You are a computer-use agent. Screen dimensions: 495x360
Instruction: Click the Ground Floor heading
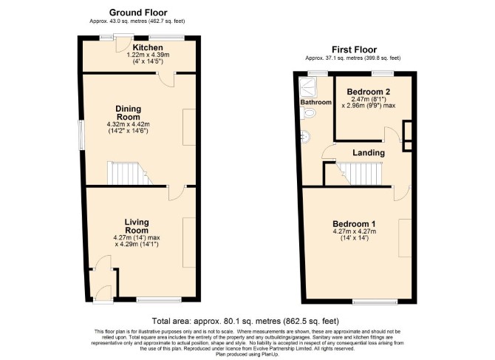point(138,13)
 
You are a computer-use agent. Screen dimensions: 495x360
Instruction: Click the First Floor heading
point(354,50)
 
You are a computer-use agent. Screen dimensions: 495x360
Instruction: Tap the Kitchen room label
point(148,48)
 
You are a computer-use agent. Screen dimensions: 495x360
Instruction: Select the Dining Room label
point(128,113)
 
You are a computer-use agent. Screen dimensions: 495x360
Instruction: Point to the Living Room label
point(137,226)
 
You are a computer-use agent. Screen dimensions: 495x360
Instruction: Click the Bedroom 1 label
point(354,224)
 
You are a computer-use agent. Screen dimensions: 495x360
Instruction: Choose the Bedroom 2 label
point(369,92)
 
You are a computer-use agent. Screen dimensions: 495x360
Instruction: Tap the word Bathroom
point(316,102)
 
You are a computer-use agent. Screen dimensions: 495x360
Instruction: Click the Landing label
point(369,153)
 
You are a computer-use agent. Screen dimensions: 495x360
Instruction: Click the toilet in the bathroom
point(308,113)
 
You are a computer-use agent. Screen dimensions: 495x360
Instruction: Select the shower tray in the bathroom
point(308,87)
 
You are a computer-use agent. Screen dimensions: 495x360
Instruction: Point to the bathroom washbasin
point(305,137)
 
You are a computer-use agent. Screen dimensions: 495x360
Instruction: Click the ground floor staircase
point(130,173)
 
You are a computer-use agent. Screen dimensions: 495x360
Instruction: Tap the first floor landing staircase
point(359,174)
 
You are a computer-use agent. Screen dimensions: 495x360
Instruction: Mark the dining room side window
point(81,135)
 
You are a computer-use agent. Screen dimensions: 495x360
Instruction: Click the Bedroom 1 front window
point(375,302)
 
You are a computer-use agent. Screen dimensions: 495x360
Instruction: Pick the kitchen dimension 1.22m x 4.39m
point(148,55)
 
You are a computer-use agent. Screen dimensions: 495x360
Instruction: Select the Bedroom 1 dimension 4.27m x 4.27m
point(355,231)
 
